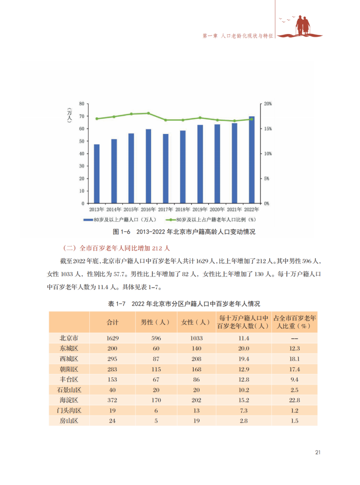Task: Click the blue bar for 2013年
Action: tap(96, 174)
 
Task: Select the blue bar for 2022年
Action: tap(251, 160)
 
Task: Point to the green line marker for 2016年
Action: tap(148, 113)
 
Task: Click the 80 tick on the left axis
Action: tap(81, 104)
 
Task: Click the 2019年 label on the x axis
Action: tap(200, 209)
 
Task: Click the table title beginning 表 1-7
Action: tap(184, 303)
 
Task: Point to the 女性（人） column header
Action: tap(195, 322)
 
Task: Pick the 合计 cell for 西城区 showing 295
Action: tap(112, 359)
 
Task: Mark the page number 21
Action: tap(317, 452)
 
